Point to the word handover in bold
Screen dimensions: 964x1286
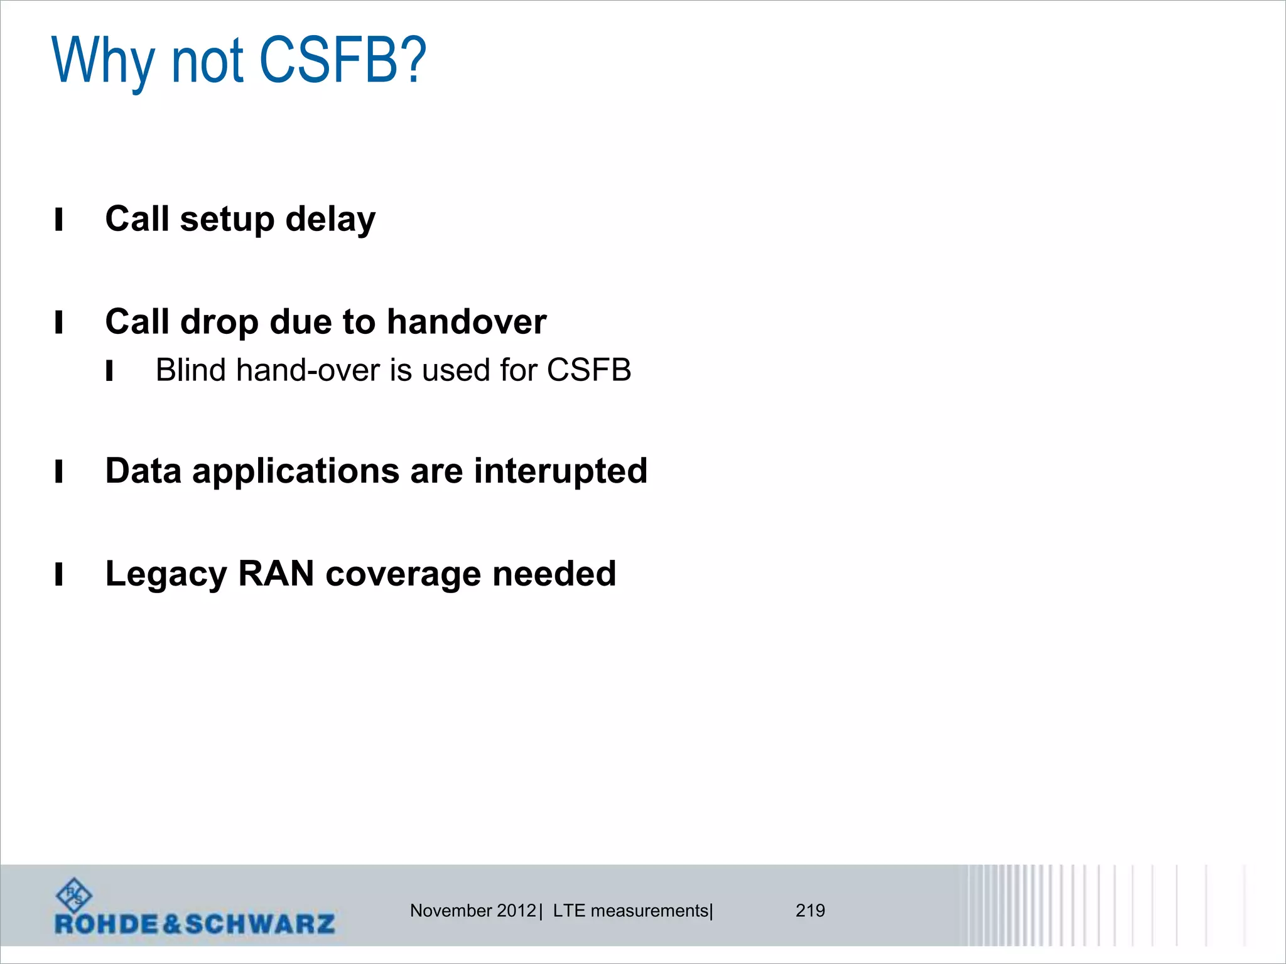(466, 322)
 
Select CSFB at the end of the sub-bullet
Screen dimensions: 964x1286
(588, 370)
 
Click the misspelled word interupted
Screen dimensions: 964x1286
(560, 471)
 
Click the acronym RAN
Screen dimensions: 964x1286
(276, 574)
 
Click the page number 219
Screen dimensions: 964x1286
(810, 911)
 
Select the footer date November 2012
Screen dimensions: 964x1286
(472, 911)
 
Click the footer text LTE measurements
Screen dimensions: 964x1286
(630, 911)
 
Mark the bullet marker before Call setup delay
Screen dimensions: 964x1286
(59, 220)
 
